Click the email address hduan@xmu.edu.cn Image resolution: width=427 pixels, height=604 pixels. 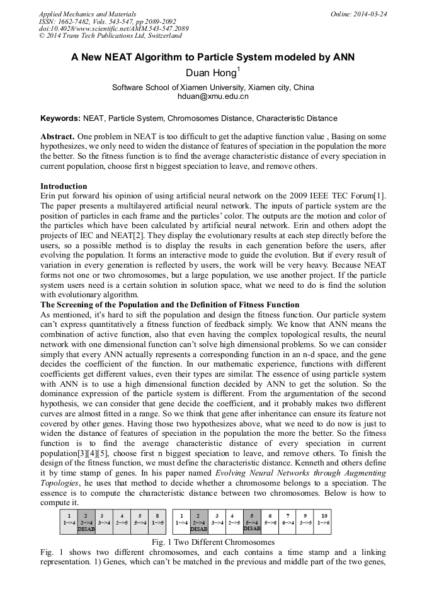coord(213,97)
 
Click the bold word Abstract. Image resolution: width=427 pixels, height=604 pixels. coord(57,136)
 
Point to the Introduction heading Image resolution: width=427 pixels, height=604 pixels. coord(64,186)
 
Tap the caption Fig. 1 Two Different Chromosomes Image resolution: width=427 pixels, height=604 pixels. coord(213,542)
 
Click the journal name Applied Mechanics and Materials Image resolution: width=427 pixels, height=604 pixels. coord(88,13)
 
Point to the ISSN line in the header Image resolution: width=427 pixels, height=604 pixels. coord(108,21)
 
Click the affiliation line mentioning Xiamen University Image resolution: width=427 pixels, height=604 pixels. coord(213,88)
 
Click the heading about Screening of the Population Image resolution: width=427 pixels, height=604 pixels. coord(170,305)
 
